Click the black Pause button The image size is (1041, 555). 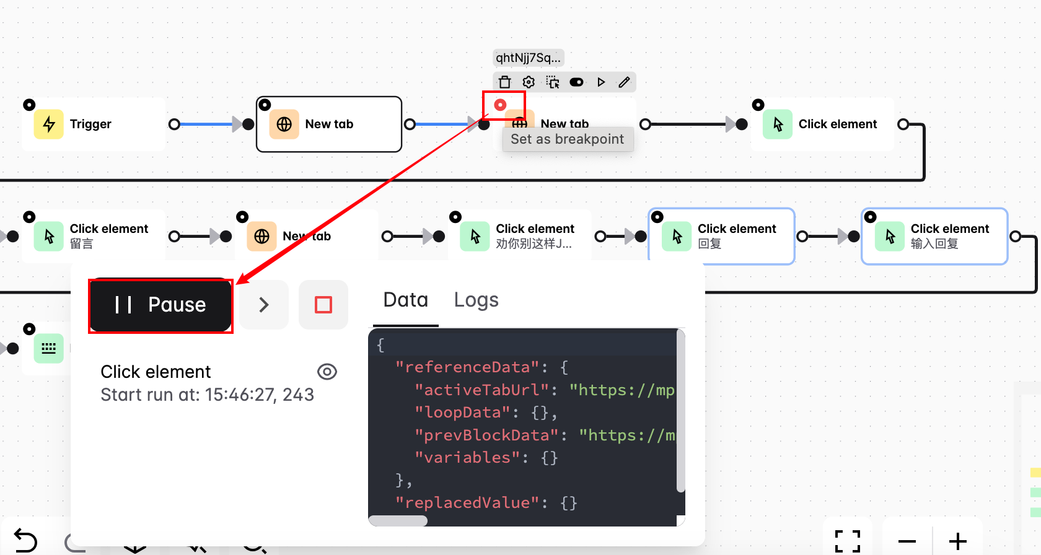160,305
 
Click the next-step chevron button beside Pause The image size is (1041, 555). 264,305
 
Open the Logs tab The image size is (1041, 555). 476,300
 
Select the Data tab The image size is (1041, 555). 406,300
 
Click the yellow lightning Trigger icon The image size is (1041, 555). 49,124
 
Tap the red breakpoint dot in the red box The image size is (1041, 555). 500,105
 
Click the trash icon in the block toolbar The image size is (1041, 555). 505,82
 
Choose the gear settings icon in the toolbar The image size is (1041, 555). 529,82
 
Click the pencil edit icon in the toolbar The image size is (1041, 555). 624,82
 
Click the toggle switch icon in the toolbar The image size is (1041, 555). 576,82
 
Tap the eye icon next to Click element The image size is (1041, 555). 327,372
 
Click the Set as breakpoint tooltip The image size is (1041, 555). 567,139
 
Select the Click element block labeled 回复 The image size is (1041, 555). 721,236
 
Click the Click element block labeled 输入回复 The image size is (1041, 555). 934,236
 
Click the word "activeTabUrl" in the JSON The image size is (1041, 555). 481,390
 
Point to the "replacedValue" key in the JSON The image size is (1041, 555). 467,503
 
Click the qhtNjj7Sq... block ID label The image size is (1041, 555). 528,58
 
